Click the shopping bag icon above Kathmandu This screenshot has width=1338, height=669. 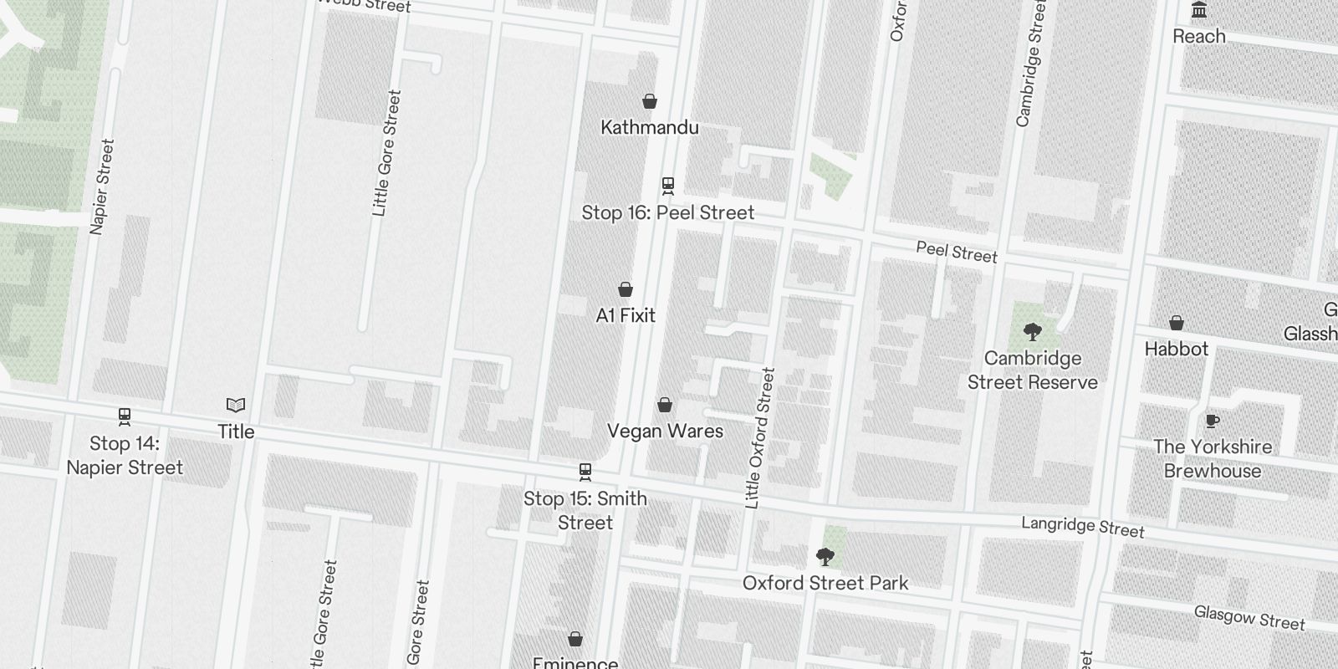coord(650,102)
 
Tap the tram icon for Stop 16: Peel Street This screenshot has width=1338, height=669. coord(667,186)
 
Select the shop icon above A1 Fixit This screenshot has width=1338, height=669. coord(625,290)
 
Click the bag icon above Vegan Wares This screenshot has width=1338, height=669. coord(665,406)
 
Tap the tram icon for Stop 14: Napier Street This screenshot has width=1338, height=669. coord(125,416)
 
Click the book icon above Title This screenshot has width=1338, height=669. coord(236,406)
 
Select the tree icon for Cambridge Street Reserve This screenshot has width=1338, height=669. coord(1032,332)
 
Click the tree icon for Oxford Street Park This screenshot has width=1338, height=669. coord(825,557)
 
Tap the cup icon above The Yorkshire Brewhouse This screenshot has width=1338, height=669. coord(1212,421)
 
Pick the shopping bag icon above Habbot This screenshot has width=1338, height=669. coord(1176,323)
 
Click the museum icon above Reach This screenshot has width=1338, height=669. coord(1199,11)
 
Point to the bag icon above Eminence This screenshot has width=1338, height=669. coord(575,640)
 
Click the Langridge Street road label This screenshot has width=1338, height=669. coord(1082,527)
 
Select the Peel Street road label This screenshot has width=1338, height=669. coord(956,252)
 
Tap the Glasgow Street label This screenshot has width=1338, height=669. coord(1249,618)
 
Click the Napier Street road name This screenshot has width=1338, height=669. coord(102,187)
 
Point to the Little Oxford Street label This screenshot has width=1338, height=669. coord(759,438)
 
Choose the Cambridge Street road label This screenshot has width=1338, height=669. coord(1031,64)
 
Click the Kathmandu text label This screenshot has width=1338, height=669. coord(650,128)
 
